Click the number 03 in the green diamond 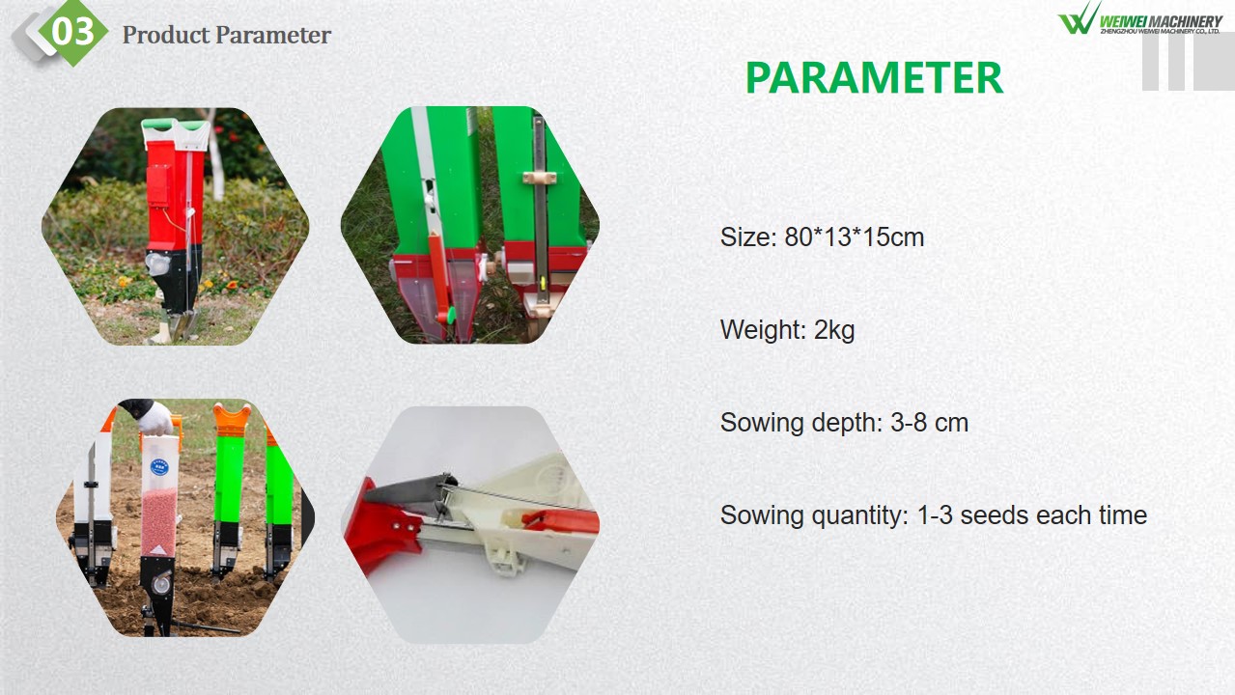(72, 32)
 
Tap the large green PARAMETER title (874, 78)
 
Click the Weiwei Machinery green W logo (1079, 18)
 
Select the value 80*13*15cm (854, 237)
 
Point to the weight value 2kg (834, 330)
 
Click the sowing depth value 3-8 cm (930, 423)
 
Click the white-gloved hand (154, 418)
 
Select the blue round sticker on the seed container (159, 467)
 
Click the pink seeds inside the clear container (159, 521)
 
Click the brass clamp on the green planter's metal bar (539, 178)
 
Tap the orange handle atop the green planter (232, 420)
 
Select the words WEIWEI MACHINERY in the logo (1159, 21)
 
